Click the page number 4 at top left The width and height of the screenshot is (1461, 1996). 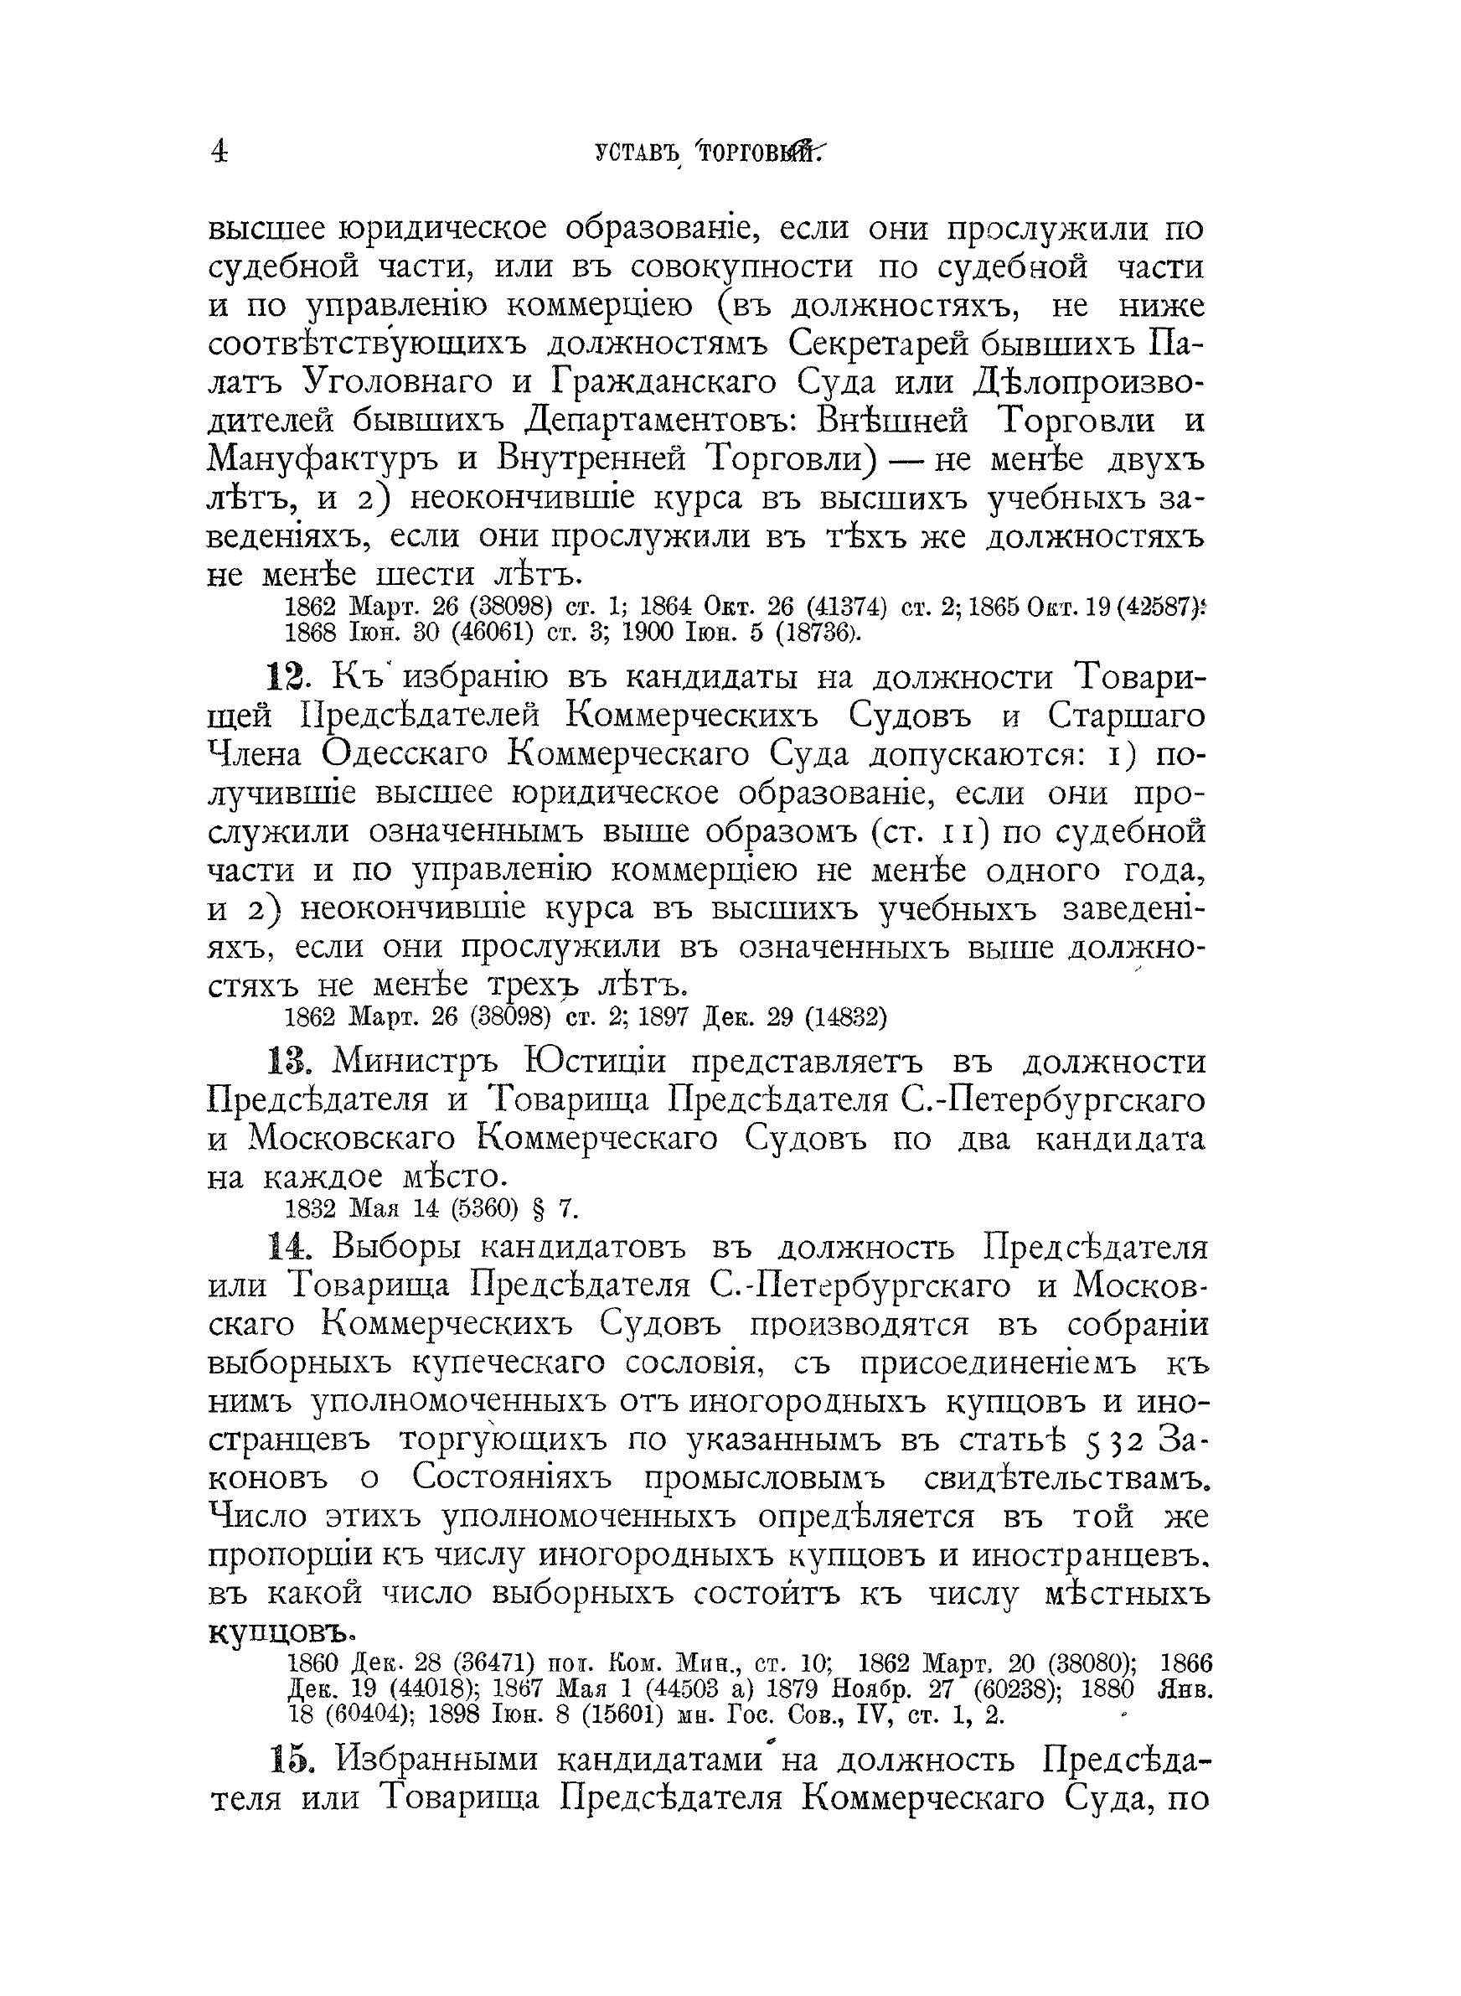click(x=218, y=153)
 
